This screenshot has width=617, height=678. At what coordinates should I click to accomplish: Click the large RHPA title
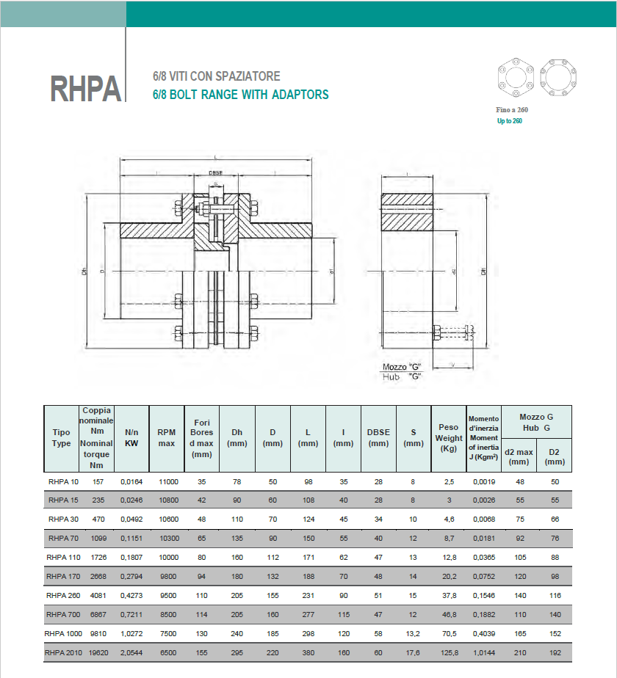click(x=86, y=89)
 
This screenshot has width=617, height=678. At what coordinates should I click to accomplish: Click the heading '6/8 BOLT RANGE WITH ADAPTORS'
click(x=240, y=95)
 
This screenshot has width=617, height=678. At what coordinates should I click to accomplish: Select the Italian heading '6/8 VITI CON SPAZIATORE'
click(x=216, y=76)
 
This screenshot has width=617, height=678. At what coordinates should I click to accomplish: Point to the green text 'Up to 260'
click(x=509, y=120)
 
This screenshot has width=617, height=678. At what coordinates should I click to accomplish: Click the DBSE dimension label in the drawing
click(x=215, y=173)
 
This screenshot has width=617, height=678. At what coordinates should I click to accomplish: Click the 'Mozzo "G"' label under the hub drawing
click(x=402, y=366)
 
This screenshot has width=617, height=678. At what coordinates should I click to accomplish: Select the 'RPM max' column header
click(x=166, y=438)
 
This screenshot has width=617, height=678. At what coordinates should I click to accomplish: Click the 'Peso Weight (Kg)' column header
click(x=449, y=438)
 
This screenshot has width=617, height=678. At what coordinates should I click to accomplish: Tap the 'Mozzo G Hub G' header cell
click(x=536, y=422)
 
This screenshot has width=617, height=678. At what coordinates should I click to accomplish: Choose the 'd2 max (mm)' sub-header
click(x=519, y=456)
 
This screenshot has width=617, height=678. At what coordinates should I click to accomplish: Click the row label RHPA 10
click(x=63, y=481)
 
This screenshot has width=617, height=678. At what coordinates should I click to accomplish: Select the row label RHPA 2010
click(x=63, y=652)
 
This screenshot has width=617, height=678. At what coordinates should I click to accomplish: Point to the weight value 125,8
click(x=449, y=652)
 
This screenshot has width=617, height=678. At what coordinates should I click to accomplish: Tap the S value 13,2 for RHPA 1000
click(x=413, y=633)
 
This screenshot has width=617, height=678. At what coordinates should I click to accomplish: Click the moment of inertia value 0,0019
click(x=484, y=481)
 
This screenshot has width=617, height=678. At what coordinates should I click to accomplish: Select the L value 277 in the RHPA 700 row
click(x=308, y=613)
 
